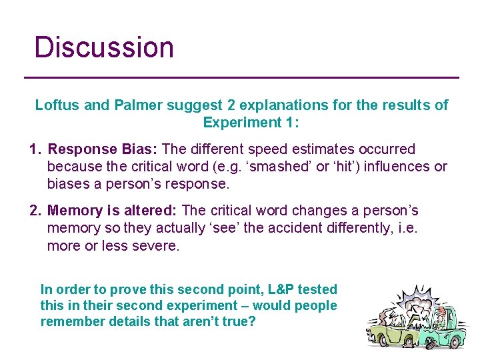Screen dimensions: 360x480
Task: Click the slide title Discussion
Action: (104, 47)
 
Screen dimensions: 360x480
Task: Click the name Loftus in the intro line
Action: (57, 105)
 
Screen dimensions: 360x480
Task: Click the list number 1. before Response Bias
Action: (36, 149)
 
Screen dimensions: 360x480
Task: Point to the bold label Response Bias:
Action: (103, 149)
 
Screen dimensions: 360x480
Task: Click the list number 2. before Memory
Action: (36, 211)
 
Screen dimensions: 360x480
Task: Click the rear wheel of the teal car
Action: (456, 343)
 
